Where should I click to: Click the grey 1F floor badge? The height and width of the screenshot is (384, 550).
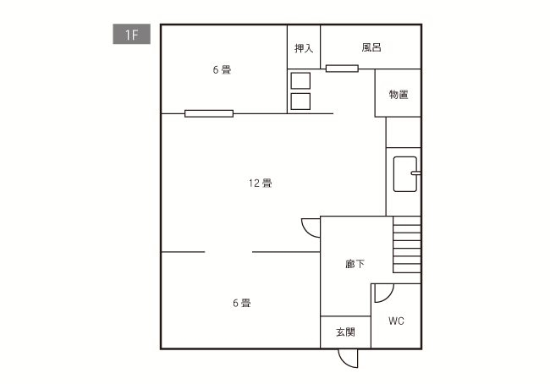click(x=131, y=36)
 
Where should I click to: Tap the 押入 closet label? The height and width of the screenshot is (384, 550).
click(x=304, y=49)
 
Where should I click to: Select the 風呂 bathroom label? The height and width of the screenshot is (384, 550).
click(x=371, y=48)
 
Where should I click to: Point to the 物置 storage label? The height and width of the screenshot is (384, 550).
click(x=399, y=95)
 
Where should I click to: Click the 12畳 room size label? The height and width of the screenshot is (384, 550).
click(x=260, y=184)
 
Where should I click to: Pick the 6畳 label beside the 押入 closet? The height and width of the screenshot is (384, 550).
click(x=222, y=70)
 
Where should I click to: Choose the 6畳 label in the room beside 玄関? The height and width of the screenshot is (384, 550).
click(x=241, y=303)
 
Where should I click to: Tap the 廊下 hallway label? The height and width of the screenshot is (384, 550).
click(x=355, y=265)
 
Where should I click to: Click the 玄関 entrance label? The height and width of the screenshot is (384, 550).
click(x=345, y=332)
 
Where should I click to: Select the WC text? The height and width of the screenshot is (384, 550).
click(x=396, y=321)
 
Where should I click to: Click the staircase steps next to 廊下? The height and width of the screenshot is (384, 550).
click(x=407, y=245)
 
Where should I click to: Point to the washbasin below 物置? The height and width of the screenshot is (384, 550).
click(x=404, y=173)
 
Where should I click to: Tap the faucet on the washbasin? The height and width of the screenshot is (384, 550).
click(x=415, y=174)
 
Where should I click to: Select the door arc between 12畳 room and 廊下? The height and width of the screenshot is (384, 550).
click(x=310, y=228)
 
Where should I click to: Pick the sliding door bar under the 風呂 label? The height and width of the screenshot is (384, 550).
click(x=342, y=69)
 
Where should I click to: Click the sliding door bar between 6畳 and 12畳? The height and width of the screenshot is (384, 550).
click(x=209, y=113)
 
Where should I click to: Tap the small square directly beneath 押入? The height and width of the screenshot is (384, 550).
click(x=300, y=81)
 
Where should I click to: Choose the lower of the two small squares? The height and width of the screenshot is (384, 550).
click(x=300, y=101)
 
